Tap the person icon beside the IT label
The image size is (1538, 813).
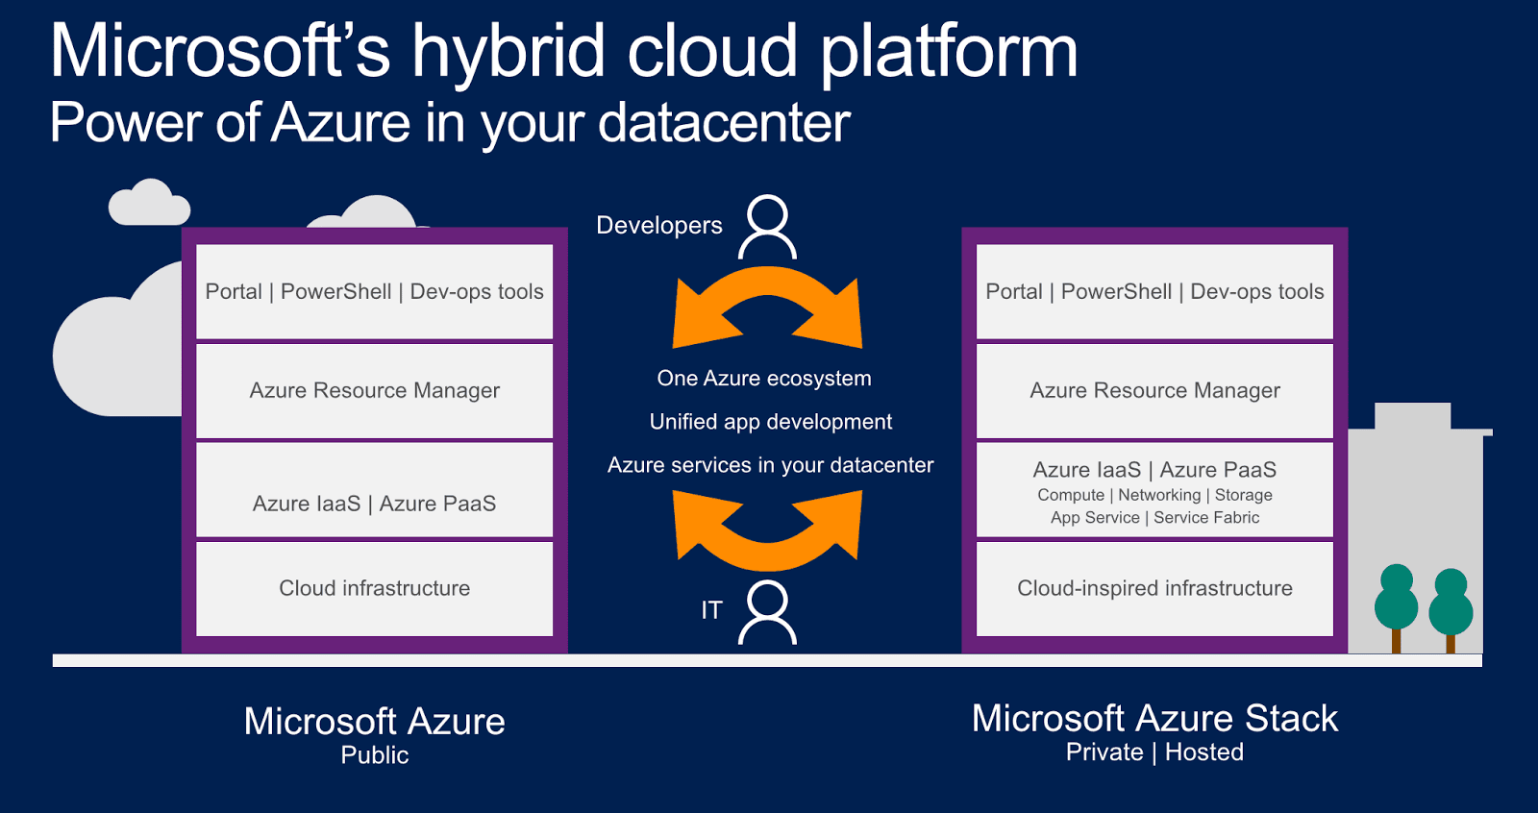[767, 612]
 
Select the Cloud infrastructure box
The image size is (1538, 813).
[375, 588]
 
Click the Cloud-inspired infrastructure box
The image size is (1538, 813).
[1154, 588]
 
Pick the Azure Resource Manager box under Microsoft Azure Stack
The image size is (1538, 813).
[1154, 390]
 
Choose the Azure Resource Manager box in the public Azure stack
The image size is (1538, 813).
[375, 390]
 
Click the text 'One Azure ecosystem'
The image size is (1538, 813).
[764, 379]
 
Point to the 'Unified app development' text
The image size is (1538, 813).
[770, 422]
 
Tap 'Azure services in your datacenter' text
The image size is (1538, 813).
[770, 465]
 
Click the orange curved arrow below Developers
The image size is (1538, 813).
[767, 308]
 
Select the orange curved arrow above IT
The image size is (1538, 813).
[767, 530]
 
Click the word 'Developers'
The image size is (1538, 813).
[658, 225]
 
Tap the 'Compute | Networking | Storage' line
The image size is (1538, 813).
[1154, 495]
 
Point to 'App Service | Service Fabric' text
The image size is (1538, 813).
[1154, 517]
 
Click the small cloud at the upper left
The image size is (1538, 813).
[149, 204]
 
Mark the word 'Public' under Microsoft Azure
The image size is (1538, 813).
[375, 755]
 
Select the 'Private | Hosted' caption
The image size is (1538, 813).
[1154, 752]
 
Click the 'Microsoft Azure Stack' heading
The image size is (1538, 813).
[1154, 718]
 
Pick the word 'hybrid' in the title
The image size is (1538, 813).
[509, 52]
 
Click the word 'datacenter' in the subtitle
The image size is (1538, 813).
[724, 124]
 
